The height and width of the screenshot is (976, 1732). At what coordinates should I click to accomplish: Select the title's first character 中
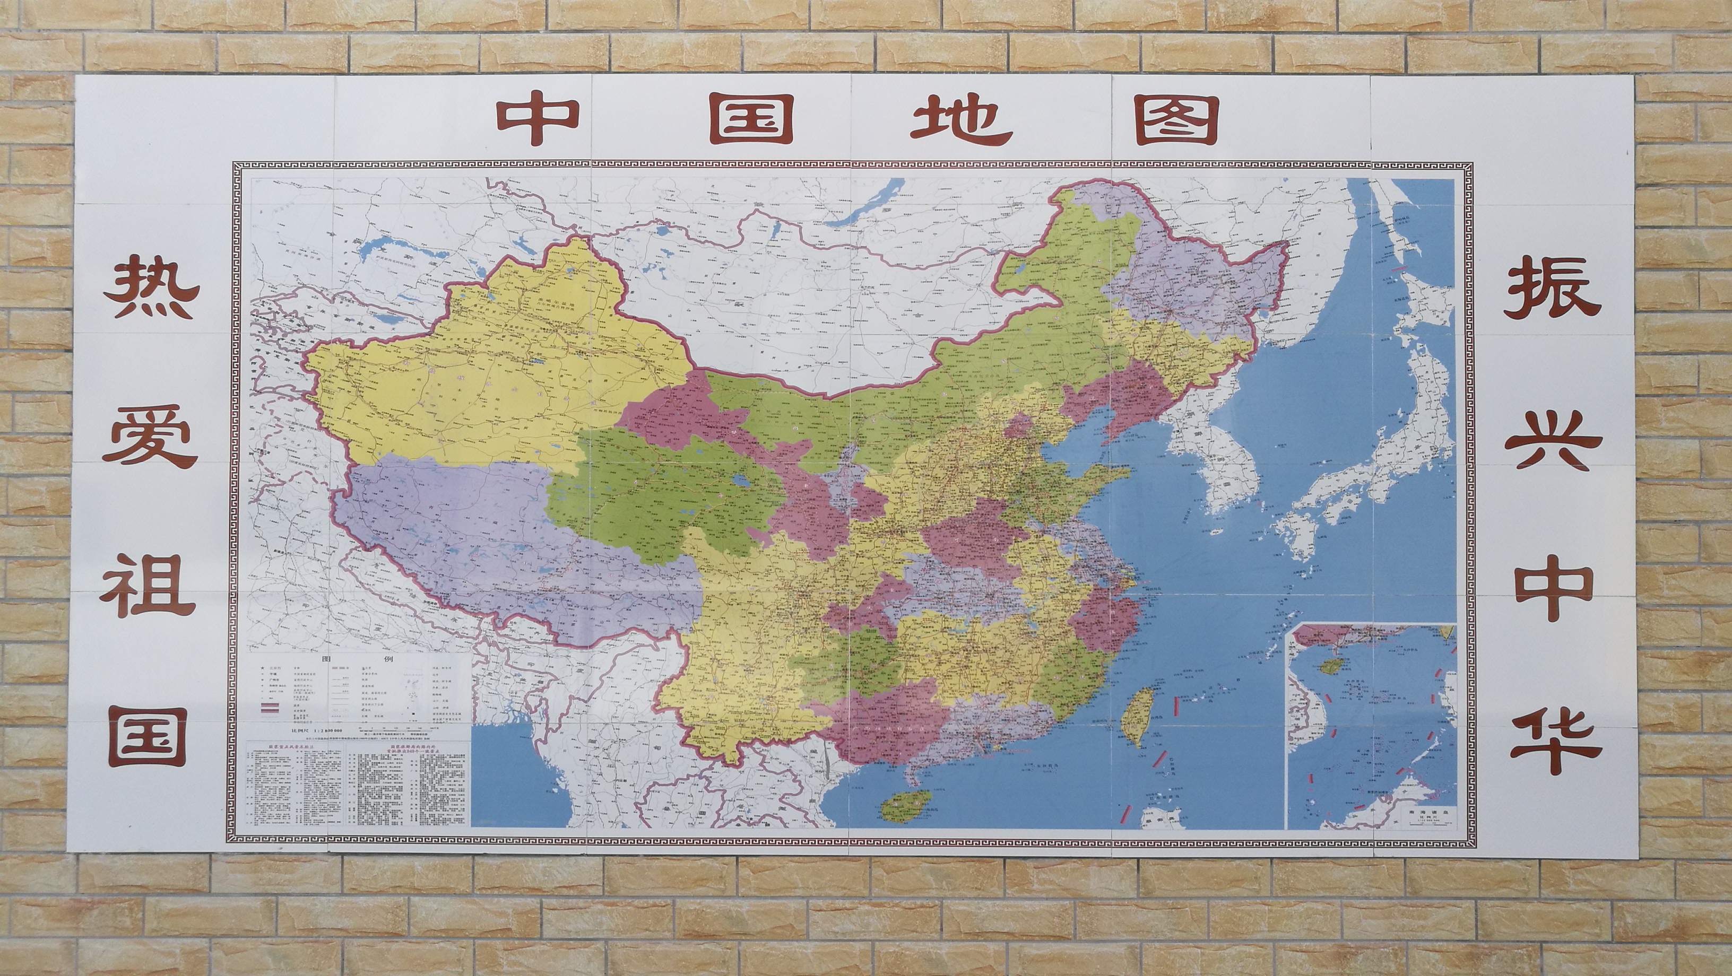click(538, 121)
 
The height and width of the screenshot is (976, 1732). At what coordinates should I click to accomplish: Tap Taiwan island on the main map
click(1138, 716)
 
